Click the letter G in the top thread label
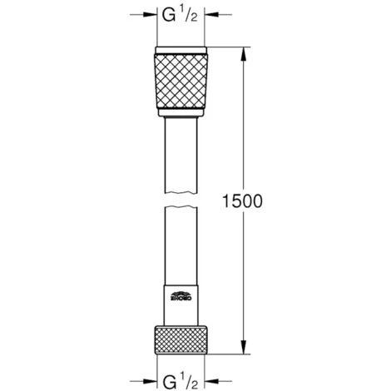point(166,15)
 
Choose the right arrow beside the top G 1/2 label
point(213,15)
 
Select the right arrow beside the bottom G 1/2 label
point(213,379)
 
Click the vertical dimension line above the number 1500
point(243,125)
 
